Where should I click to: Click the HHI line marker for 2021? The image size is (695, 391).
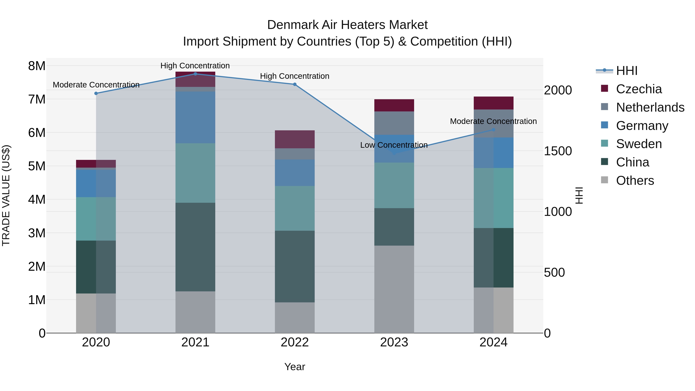point(195,74)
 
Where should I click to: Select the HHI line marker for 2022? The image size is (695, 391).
point(295,84)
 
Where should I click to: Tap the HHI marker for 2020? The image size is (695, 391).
point(96,93)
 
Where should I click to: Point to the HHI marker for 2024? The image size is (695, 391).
point(493,130)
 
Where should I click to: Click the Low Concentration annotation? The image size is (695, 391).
point(394,145)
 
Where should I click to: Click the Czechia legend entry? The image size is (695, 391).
point(639,89)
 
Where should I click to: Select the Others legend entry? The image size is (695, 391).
point(635,181)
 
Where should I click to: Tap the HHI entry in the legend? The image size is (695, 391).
point(626,71)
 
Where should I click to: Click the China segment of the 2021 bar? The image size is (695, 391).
point(195,247)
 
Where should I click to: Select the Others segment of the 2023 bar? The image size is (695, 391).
point(394,289)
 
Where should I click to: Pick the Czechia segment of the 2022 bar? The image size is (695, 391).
point(295,139)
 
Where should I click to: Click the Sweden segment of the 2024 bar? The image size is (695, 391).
point(493,198)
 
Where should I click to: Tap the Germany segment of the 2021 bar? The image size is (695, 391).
point(195,117)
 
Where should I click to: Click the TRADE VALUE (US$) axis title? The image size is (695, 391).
point(6,196)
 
